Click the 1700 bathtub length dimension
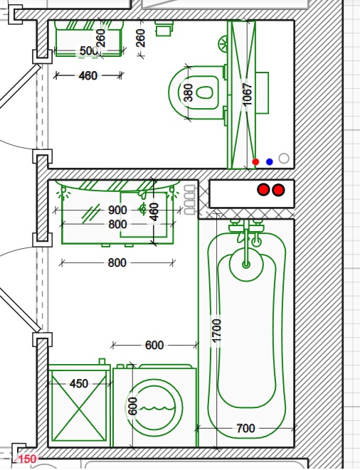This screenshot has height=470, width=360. point(216,330)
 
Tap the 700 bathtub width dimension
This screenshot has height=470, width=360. point(245,428)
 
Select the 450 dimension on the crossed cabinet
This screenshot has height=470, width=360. point(79,383)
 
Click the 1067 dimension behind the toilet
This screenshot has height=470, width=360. point(247,95)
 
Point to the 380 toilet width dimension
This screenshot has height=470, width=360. point(188,92)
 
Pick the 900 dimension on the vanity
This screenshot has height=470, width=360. point(117,210)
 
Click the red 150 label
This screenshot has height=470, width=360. point(28,459)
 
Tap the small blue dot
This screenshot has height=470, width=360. point(270,162)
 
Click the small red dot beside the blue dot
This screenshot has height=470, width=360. point(255,162)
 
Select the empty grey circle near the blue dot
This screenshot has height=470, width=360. point(284,159)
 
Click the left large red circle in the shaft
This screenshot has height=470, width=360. point(264,190)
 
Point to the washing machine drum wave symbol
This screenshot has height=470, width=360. point(154,408)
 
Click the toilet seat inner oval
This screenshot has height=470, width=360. point(205,92)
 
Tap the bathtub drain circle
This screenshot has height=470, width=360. point(246,265)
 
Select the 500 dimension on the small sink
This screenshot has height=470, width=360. point(88,50)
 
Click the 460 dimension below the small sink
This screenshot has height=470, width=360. point(88,75)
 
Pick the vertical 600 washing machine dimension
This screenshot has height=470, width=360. point(132,406)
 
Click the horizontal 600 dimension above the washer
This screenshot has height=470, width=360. point(154,346)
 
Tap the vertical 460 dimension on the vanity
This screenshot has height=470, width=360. point(154,212)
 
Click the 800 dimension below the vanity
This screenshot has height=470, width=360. point(117,263)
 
